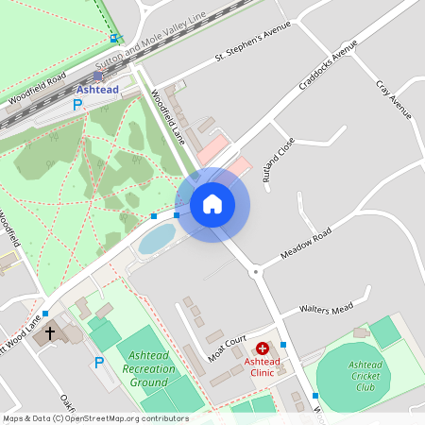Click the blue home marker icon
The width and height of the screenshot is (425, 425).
(x=212, y=204)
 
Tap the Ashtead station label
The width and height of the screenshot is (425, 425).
(x=97, y=90)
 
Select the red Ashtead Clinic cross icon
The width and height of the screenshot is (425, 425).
(x=263, y=348)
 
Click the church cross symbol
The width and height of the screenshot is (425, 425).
(x=50, y=332)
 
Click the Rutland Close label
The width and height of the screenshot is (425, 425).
(x=280, y=158)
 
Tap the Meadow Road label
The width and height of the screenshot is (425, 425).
(x=307, y=246)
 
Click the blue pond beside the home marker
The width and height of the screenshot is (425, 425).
(x=156, y=238)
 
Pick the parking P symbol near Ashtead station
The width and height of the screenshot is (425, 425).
(x=77, y=106)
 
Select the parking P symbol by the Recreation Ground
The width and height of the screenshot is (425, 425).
(x=98, y=363)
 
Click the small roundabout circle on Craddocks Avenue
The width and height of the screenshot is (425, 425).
(x=255, y=271)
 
